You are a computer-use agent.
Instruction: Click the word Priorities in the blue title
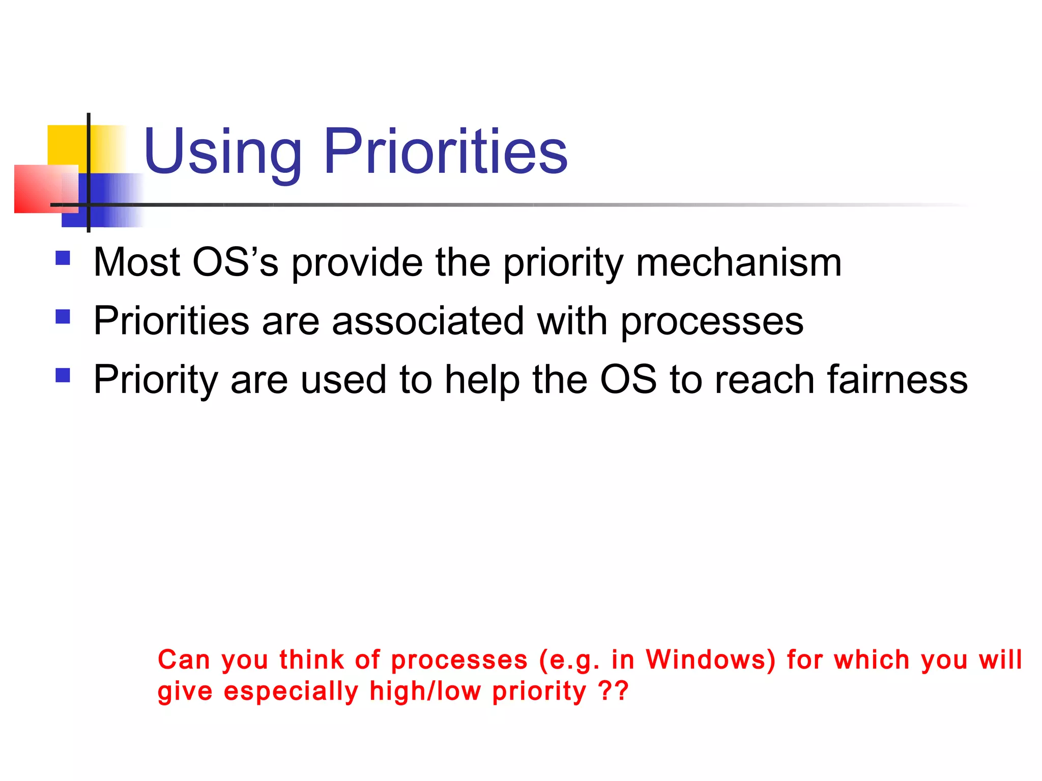[445, 151]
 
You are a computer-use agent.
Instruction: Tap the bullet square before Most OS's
[63, 258]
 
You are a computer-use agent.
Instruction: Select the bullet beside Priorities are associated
[63, 317]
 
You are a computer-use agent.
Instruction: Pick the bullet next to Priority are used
[63, 376]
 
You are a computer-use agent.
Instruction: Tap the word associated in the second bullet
[428, 321]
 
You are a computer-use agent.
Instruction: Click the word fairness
[897, 380]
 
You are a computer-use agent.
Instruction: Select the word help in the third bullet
[482, 380]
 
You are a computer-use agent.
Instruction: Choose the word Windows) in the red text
[711, 659]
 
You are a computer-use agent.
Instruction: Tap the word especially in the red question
[291, 692]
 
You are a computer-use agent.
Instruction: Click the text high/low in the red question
[425, 692]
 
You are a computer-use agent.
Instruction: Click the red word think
[311, 659]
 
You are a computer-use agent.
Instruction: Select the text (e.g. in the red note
[569, 660]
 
